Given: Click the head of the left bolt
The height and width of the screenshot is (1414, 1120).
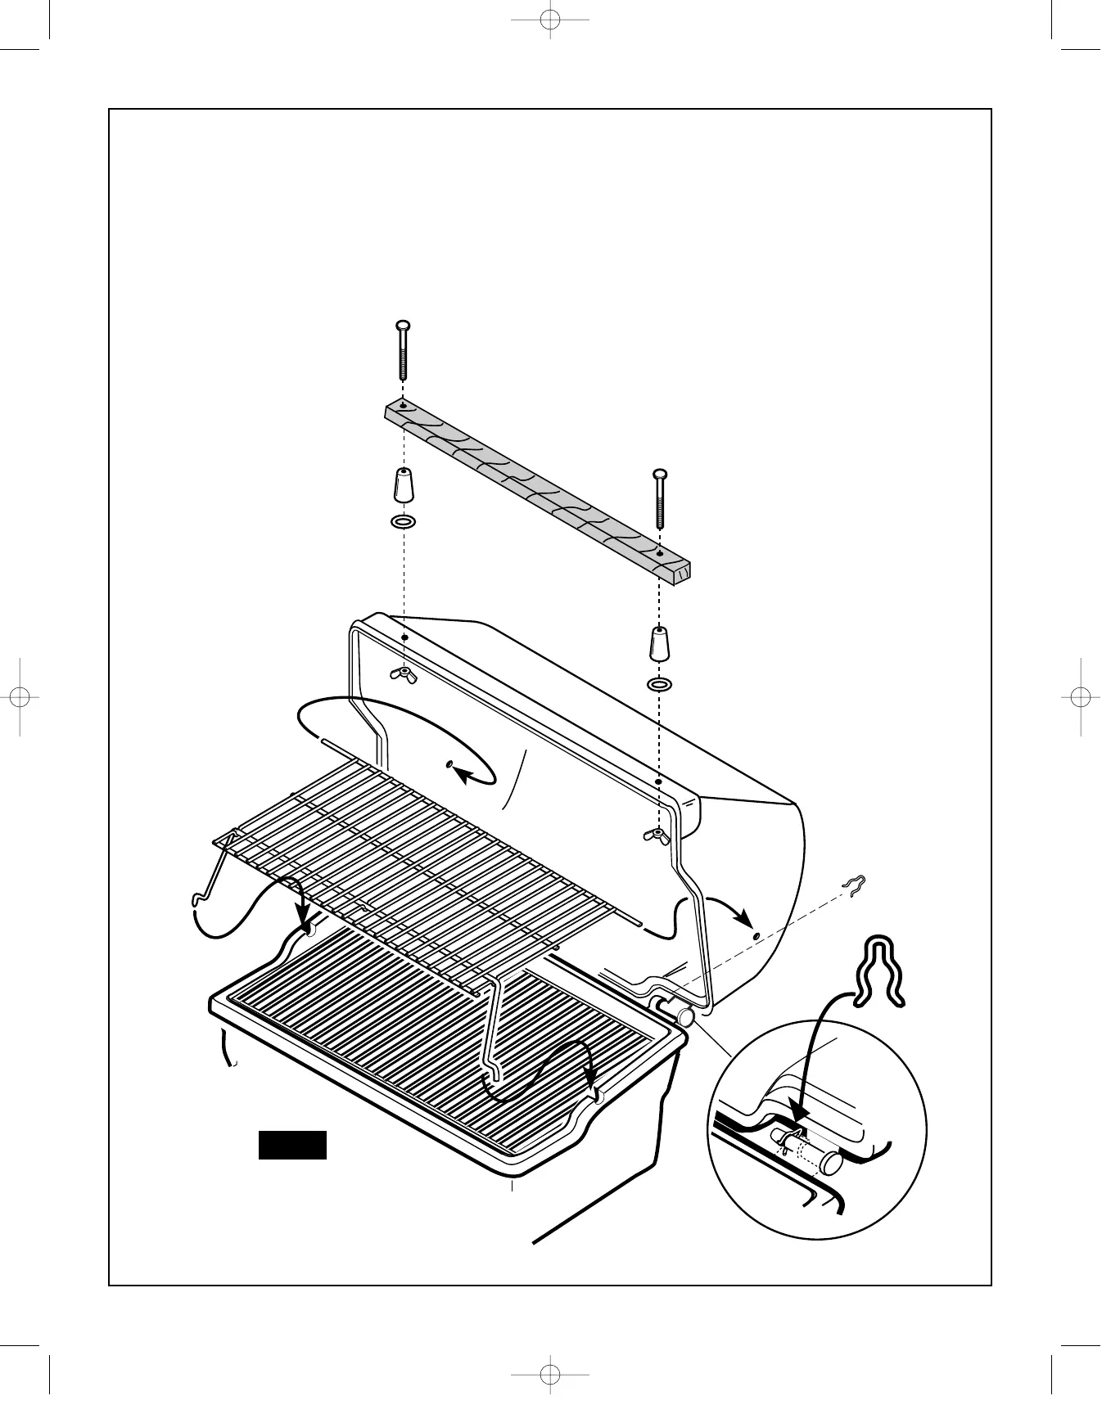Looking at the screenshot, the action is point(402,326).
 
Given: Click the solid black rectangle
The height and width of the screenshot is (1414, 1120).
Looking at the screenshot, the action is point(292,1145).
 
